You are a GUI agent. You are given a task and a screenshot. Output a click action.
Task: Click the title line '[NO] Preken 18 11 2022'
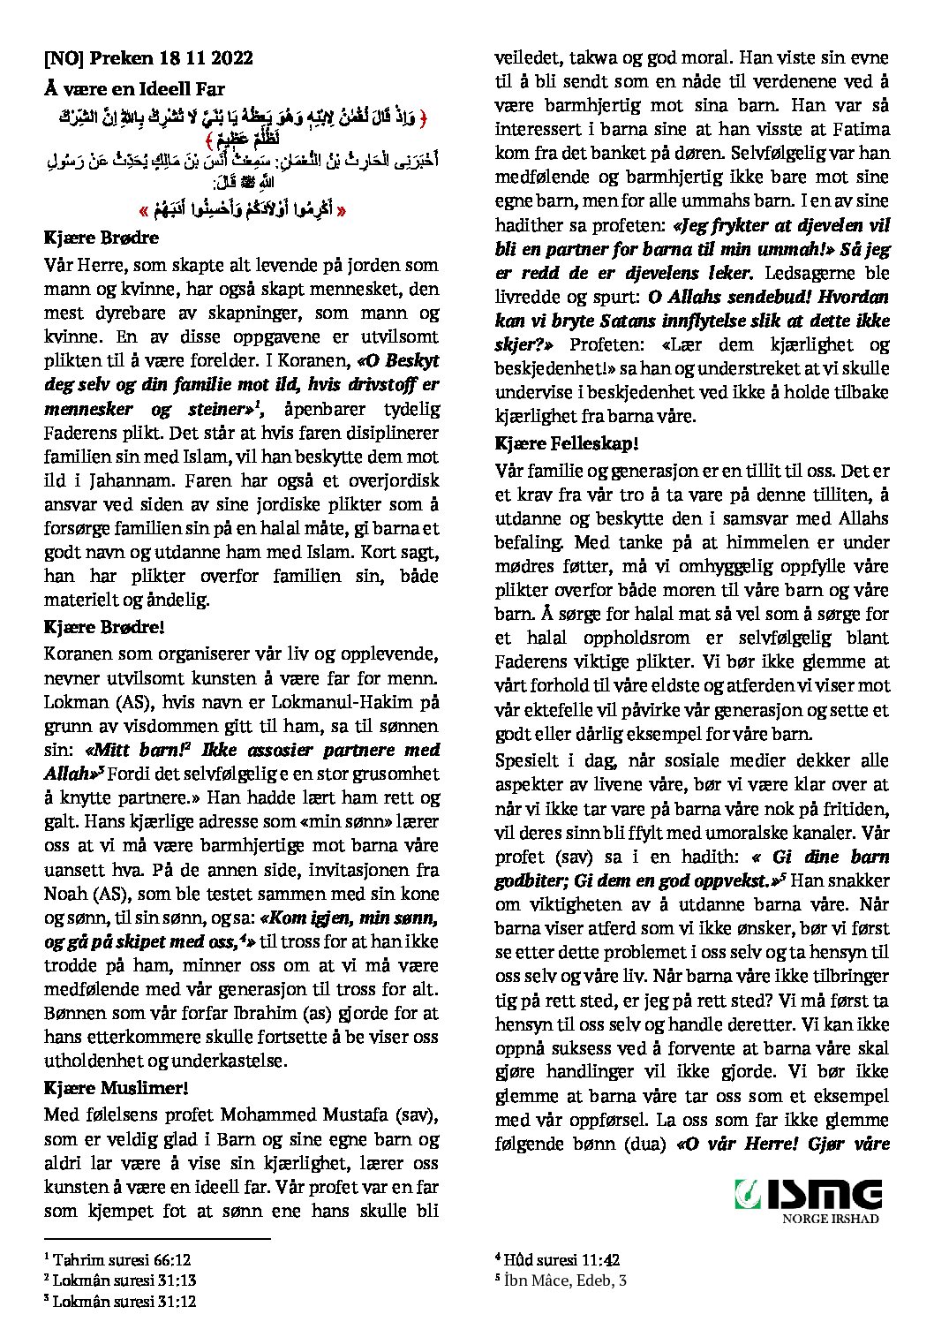tap(148, 58)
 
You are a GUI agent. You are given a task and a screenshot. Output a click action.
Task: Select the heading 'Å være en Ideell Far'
tap(135, 88)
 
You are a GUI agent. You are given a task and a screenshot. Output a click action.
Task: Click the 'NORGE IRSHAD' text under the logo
tap(831, 1219)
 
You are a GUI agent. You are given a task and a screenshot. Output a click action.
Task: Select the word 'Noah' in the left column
tap(67, 893)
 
